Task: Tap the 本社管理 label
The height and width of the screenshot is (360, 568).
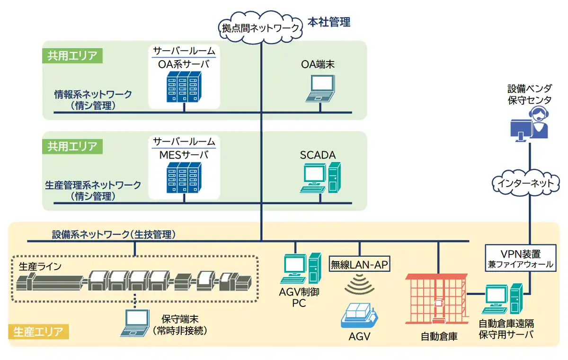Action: (x=329, y=22)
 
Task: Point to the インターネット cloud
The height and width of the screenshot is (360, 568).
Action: (x=526, y=182)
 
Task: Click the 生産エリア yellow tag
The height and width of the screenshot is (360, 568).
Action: (x=38, y=332)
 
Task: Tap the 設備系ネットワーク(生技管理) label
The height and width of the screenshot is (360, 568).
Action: (x=114, y=234)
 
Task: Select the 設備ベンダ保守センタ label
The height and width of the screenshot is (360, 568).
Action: (x=529, y=94)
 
